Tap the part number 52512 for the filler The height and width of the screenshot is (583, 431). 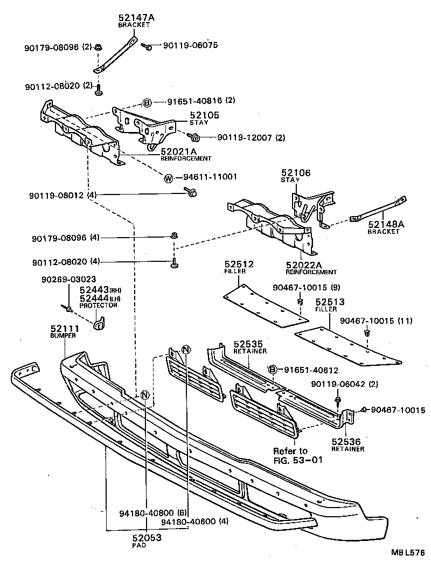[x=238, y=264]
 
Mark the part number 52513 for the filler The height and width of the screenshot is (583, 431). [x=330, y=302]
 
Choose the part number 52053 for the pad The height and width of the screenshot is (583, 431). [x=147, y=537]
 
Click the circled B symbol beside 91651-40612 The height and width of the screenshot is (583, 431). [x=273, y=369]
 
